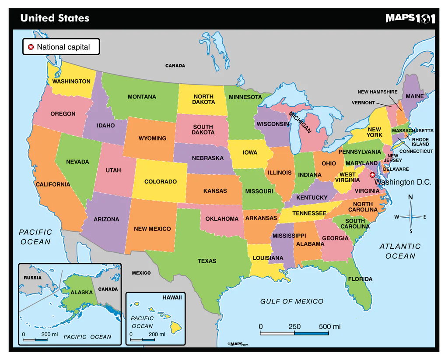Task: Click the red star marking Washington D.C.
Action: click(x=372, y=175)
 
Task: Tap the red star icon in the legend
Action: click(x=31, y=47)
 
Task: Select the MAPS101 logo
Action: click(x=410, y=18)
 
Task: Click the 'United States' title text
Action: click(x=55, y=18)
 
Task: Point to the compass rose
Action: click(x=410, y=216)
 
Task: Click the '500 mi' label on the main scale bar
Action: click(x=329, y=327)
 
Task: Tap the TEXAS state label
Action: click(x=207, y=261)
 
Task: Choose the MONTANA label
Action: click(x=142, y=97)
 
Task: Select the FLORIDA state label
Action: click(x=360, y=279)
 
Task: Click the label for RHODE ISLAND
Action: click(x=420, y=142)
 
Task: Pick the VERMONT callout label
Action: click(x=363, y=103)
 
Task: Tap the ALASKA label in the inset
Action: click(x=82, y=292)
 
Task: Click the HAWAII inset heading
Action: click(x=172, y=297)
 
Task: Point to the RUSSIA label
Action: click(x=32, y=278)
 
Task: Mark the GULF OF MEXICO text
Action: click(x=292, y=301)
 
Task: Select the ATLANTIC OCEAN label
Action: click(x=400, y=251)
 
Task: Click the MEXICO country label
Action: click(x=141, y=273)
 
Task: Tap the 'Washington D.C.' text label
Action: click(x=403, y=182)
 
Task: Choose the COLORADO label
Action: click(x=161, y=182)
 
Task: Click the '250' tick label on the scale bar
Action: click(x=294, y=327)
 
